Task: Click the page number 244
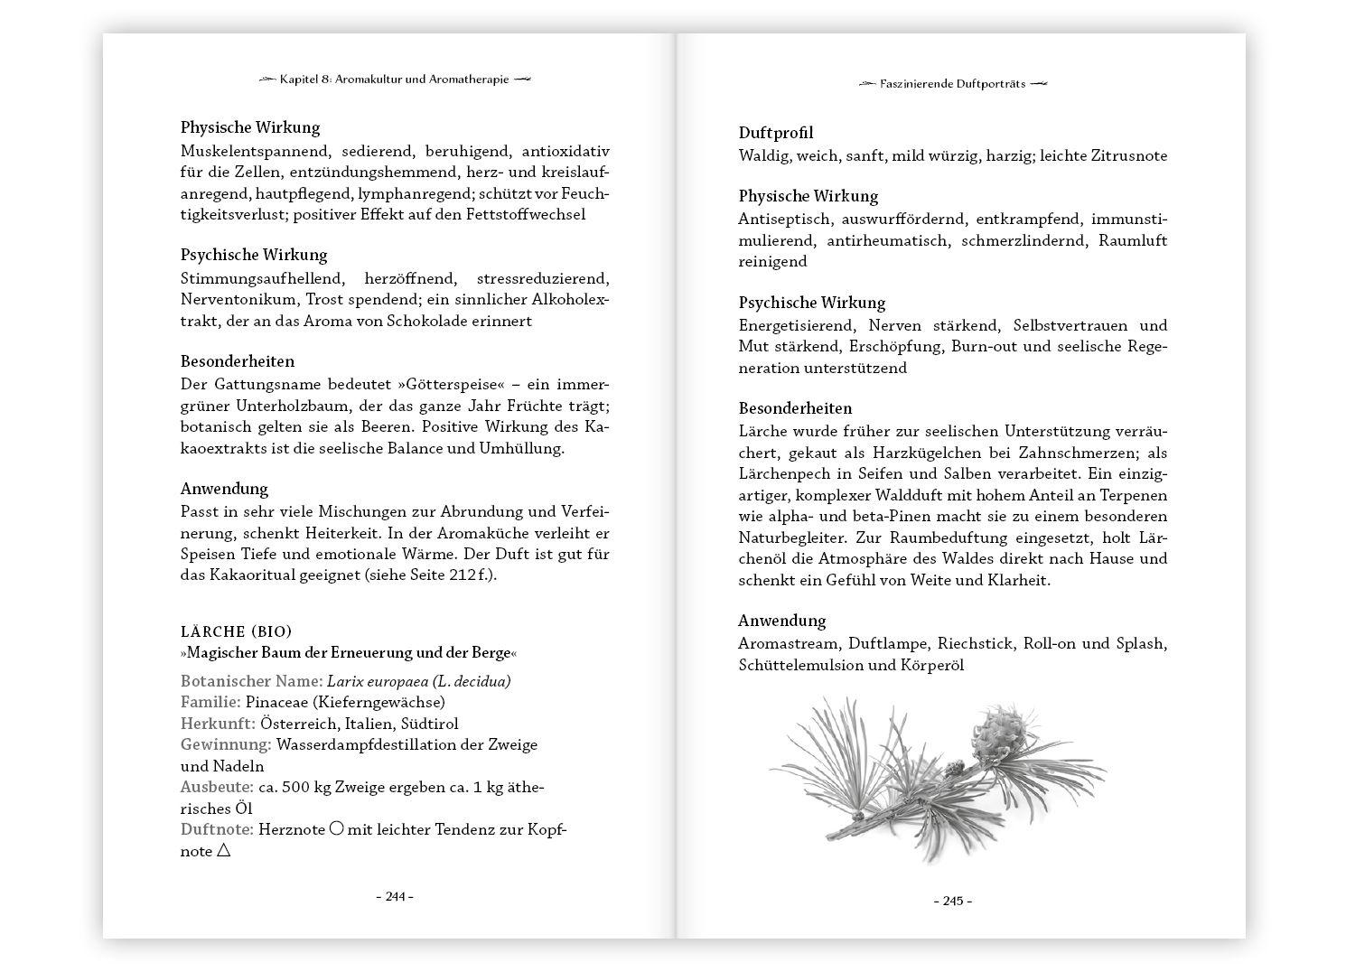tap(395, 897)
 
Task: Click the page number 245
tap(952, 902)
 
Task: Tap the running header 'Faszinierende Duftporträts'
tap(953, 84)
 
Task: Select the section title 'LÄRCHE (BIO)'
tap(236, 631)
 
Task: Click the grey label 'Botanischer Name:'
tap(251, 681)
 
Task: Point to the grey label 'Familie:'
tap(210, 702)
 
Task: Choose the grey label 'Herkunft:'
tap(218, 724)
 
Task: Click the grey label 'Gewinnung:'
tap(226, 744)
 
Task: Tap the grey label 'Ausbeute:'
tap(217, 787)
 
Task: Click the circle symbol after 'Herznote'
tap(336, 828)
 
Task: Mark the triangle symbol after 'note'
tap(224, 851)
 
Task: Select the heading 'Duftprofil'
tap(775, 133)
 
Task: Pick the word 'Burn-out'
tap(1020, 347)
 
